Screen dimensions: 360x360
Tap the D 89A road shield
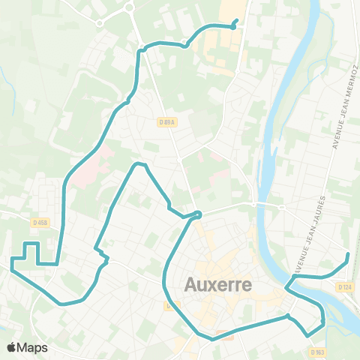tap(166, 123)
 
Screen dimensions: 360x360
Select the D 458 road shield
tap(40, 222)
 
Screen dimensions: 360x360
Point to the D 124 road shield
tap(344, 286)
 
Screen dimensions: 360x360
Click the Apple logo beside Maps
tap(12, 347)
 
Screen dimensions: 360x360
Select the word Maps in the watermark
tap(33, 347)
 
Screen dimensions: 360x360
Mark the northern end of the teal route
tap(237, 20)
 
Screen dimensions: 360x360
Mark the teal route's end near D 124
tap(348, 256)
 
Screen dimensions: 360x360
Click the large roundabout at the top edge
tap(128, 7)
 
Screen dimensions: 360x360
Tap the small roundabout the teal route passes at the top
tap(185, 44)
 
